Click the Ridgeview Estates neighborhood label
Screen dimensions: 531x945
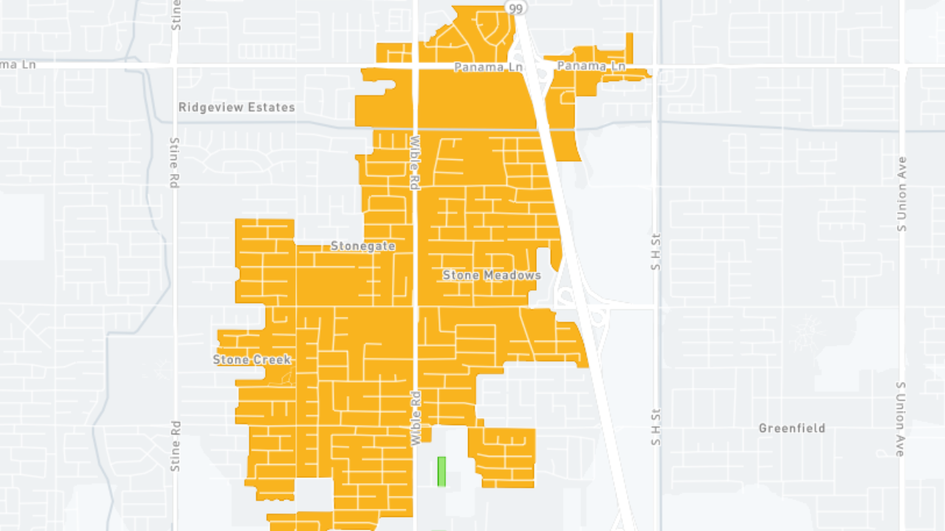pos(236,108)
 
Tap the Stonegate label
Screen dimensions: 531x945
pos(362,246)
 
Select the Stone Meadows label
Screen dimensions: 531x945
pos(492,276)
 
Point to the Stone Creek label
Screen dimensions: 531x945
pos(252,360)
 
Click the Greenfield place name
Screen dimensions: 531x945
pos(792,428)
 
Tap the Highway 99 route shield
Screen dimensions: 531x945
pos(515,7)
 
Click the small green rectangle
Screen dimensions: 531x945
pos(441,471)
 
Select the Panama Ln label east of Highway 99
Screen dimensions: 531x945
pos(591,66)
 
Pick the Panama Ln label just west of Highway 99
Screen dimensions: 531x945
pos(488,67)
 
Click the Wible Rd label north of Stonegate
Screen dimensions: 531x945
pos(415,163)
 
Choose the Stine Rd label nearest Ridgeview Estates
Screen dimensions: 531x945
pos(175,162)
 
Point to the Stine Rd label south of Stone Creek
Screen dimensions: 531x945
pos(175,445)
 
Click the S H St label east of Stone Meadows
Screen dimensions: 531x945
pos(656,251)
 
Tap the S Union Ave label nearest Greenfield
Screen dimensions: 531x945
pos(901,419)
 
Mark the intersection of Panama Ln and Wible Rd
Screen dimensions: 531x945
pos(415,66)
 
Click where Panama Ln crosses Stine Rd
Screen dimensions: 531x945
pos(175,66)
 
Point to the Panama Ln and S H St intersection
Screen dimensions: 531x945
pos(656,66)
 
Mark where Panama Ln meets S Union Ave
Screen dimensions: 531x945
pos(901,66)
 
